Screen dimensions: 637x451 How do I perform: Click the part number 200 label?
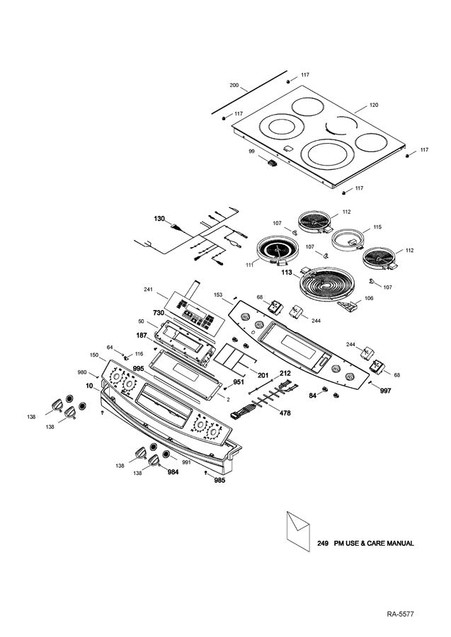[234, 85]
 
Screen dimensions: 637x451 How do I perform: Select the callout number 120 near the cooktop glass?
[373, 105]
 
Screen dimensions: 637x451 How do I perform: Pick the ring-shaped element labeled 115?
[349, 238]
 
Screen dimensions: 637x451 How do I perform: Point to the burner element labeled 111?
[277, 251]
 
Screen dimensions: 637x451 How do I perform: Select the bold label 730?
[159, 312]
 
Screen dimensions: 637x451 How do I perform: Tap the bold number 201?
[262, 374]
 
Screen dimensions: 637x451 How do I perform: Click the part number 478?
[285, 413]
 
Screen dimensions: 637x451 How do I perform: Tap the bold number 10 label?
[89, 386]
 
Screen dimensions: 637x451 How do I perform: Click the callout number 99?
[251, 151]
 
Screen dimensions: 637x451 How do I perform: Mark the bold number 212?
[285, 372]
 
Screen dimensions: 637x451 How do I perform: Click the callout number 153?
[218, 294]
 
